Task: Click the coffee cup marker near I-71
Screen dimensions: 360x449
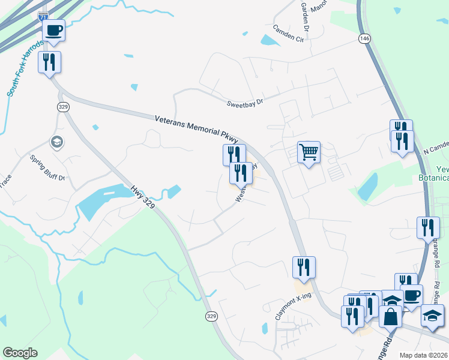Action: coord(53,30)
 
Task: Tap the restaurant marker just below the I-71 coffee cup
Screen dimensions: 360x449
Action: coord(49,62)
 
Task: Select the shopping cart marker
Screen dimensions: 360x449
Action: coord(309,152)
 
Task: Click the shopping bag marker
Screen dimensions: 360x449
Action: coord(390,316)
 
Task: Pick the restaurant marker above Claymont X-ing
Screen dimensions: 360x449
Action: coord(304,267)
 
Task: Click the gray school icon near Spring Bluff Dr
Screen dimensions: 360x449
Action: coord(57,142)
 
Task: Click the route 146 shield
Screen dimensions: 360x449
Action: coord(364,38)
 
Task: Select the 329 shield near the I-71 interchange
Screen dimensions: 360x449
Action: coord(63,106)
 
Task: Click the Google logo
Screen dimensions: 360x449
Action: coord(20,353)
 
